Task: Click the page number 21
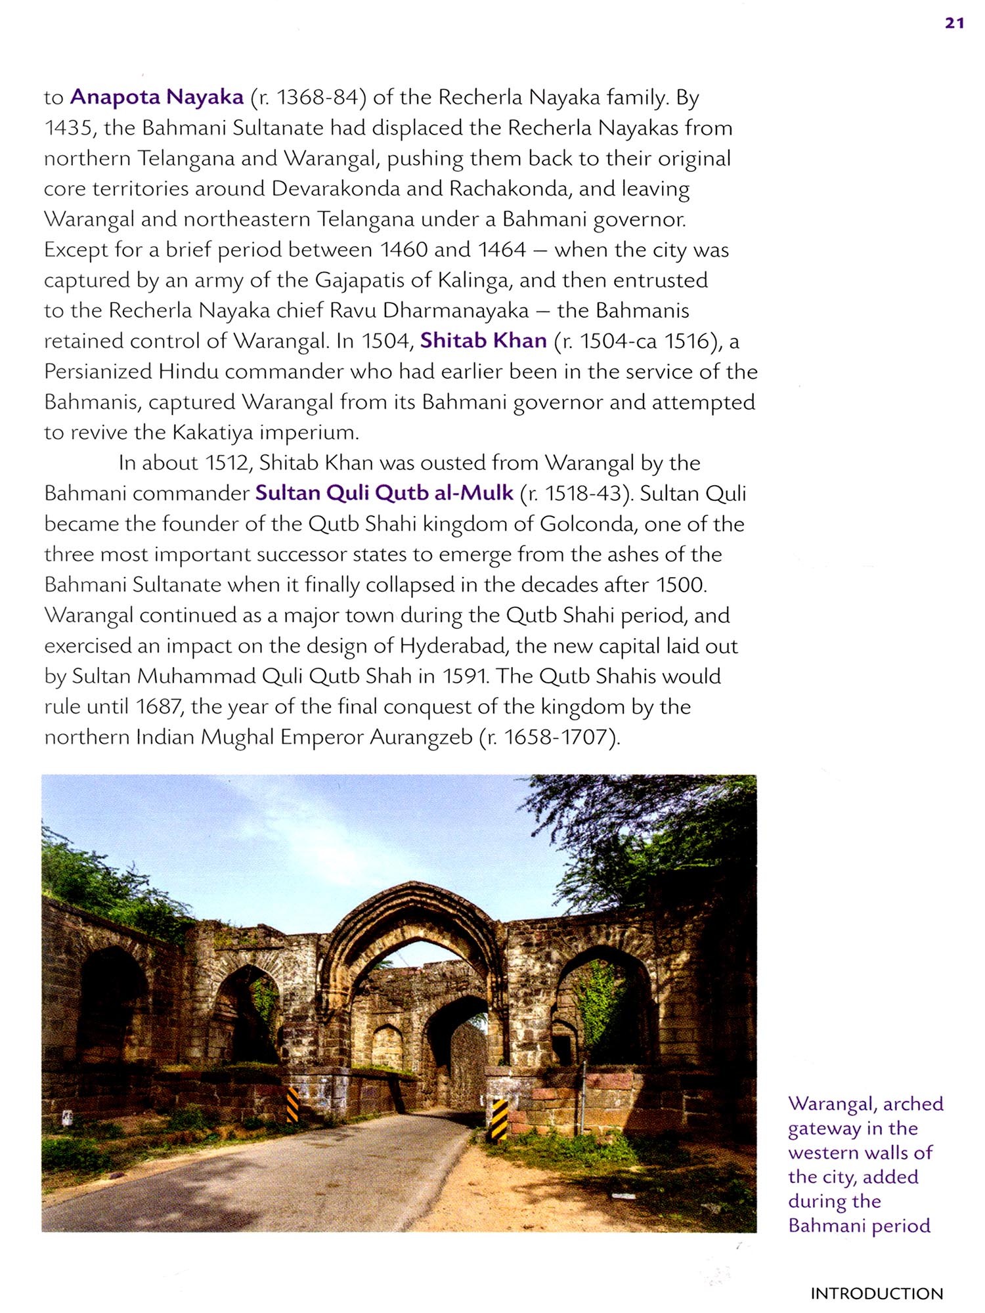tap(954, 23)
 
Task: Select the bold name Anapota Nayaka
tap(157, 97)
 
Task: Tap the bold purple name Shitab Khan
tap(483, 340)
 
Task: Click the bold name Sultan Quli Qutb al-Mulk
tap(384, 493)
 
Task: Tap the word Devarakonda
tap(336, 189)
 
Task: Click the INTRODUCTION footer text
tap(876, 1294)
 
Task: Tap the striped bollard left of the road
tap(293, 1105)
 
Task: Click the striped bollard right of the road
tap(499, 1119)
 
